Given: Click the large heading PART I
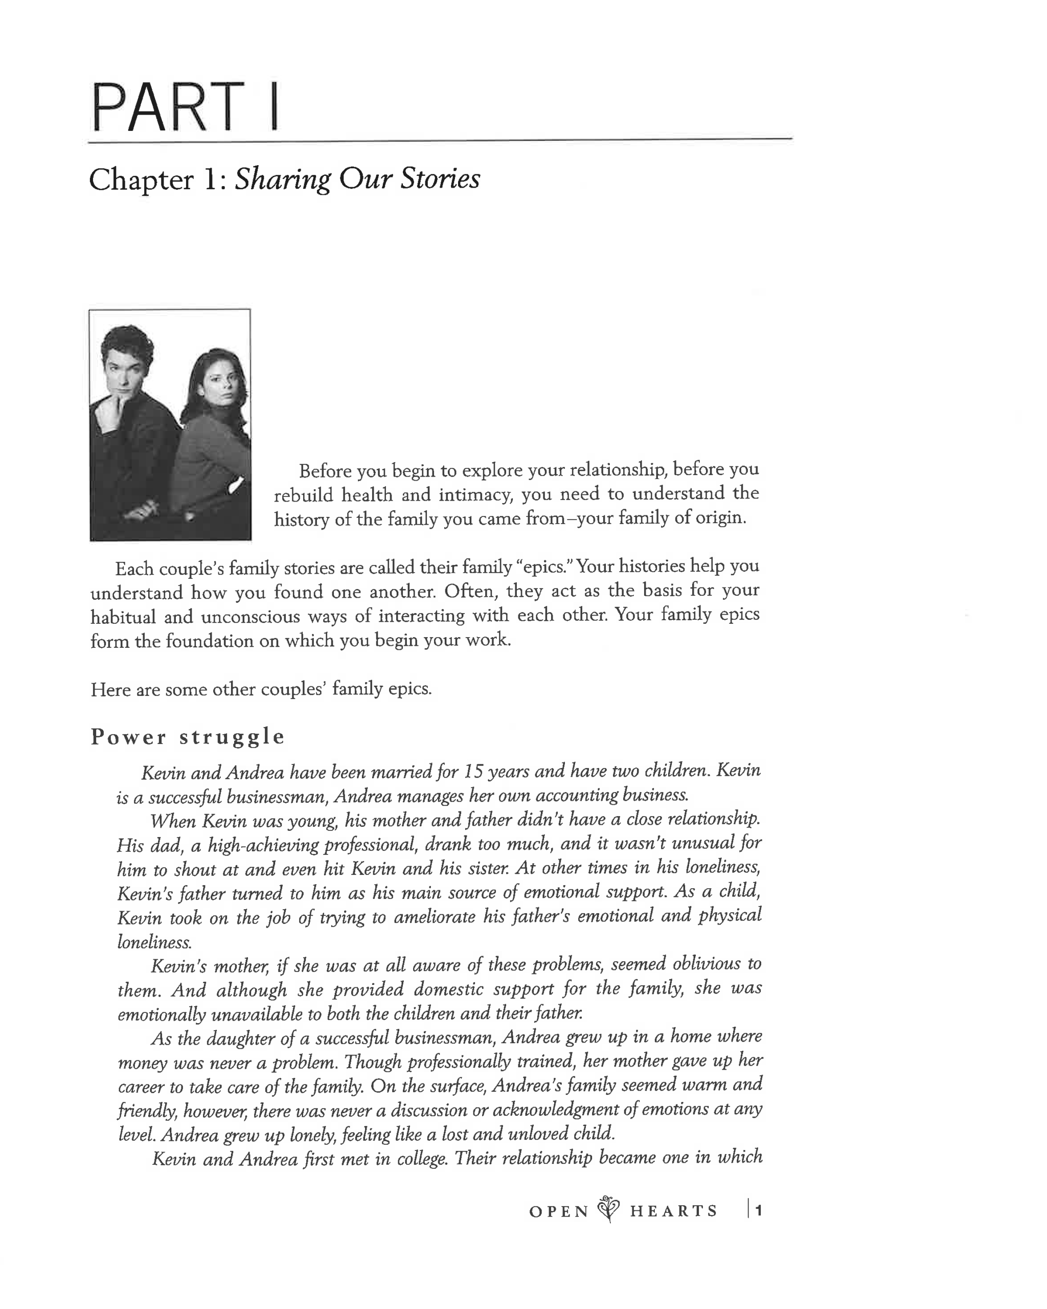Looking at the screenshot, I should [185, 107].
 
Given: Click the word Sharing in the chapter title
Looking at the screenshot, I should [282, 179].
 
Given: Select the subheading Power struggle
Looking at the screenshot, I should [187, 736].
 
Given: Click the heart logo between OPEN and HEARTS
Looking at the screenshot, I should [609, 1209].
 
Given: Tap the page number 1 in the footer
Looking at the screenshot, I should [758, 1210].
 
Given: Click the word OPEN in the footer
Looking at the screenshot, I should [559, 1211].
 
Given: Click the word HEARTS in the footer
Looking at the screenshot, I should [673, 1211].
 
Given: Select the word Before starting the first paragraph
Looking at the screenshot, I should [325, 470].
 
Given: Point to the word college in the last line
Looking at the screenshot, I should [422, 1159].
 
